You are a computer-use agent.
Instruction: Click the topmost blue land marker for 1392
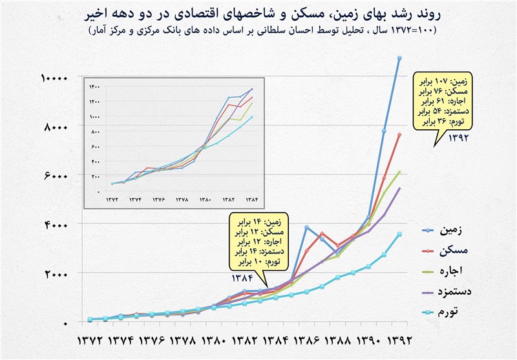coord(399,58)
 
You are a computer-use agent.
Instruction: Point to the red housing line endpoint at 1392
coord(399,134)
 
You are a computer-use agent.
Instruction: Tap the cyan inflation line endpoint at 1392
coord(399,234)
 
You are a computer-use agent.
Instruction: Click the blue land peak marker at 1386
coord(306,228)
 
